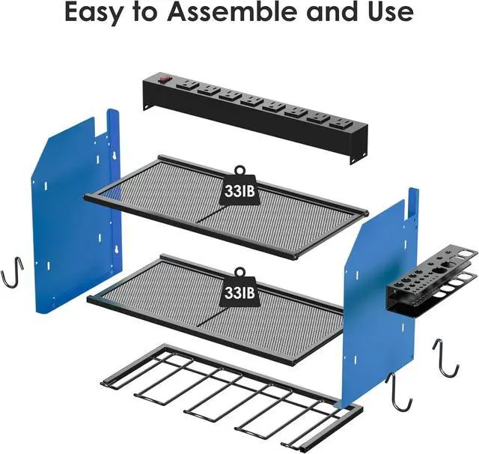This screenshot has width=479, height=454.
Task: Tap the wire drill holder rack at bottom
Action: point(225,393)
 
